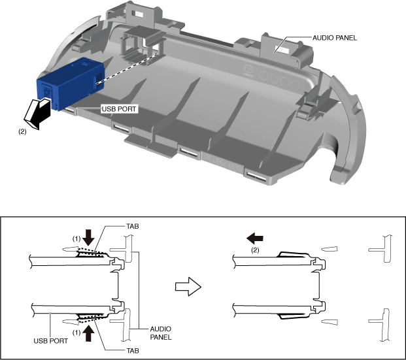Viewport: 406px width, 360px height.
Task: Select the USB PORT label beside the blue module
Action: coord(118,110)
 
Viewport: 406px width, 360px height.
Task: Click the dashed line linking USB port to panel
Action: coord(128,70)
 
